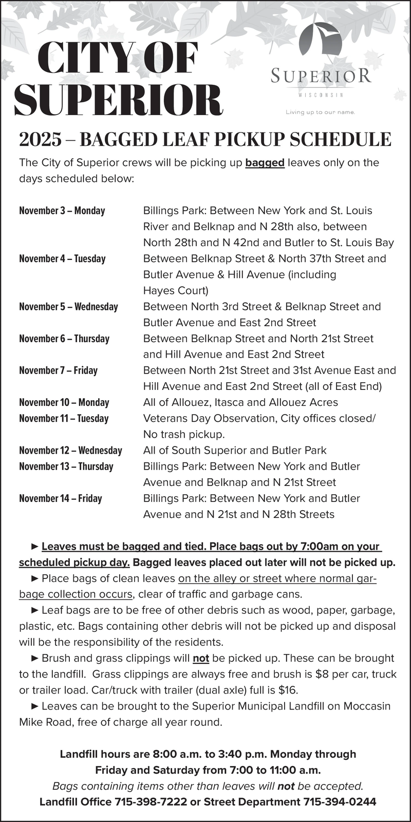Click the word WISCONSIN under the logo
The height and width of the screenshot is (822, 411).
(x=321, y=95)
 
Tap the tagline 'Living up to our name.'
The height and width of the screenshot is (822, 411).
(x=321, y=112)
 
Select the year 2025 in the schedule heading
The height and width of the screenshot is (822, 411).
(x=40, y=140)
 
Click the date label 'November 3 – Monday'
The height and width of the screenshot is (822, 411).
(x=62, y=211)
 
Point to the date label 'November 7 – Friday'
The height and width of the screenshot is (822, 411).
(x=58, y=370)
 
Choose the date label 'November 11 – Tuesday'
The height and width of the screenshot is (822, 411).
(x=64, y=418)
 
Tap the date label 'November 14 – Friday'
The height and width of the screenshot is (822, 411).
(x=61, y=498)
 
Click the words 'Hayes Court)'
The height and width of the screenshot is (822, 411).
(x=176, y=291)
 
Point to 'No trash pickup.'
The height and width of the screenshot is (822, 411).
(x=184, y=434)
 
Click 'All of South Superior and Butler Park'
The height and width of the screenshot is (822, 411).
(x=235, y=451)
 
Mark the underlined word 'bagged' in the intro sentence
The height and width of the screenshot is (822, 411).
(x=265, y=163)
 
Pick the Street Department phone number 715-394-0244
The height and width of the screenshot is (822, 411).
(x=340, y=801)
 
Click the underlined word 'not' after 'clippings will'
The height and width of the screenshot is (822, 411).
(x=201, y=658)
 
